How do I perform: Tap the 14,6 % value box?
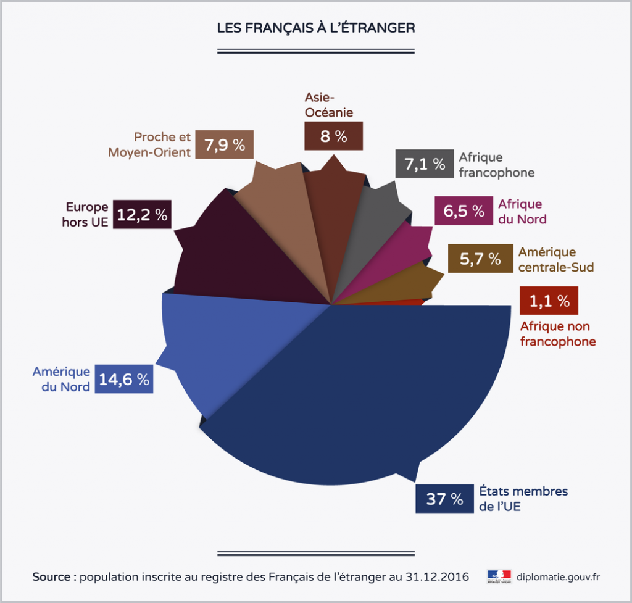tap(124, 380)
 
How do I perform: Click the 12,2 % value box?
tap(143, 215)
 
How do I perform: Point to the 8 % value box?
tap(333, 136)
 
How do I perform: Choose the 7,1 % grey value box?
tap(424, 164)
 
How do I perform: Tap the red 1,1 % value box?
tap(549, 301)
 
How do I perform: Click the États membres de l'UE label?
tap(523, 499)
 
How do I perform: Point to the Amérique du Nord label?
tap(61, 379)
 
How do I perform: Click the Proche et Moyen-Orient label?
tap(149, 144)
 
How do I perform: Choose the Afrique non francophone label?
tap(557, 334)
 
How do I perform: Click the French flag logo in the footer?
tap(499, 576)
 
